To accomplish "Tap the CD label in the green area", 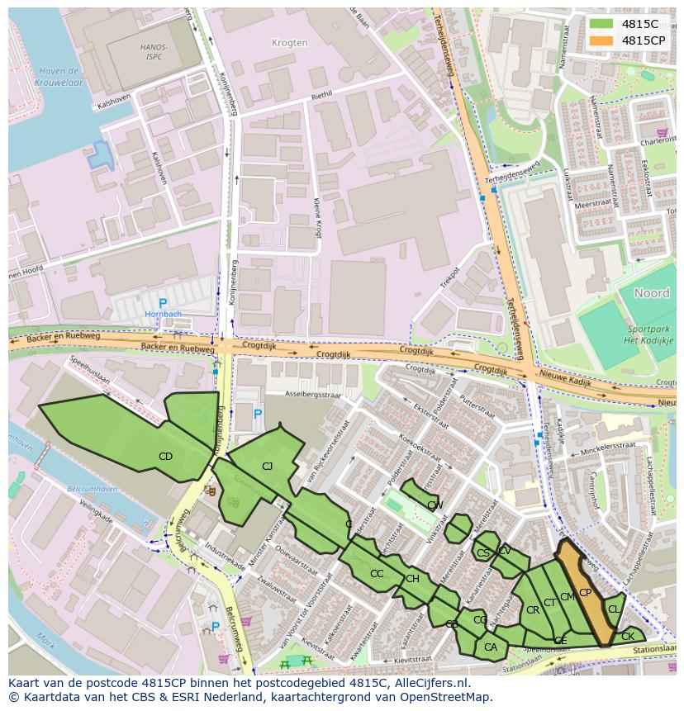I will tap(165, 457).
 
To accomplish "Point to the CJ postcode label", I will tap(267, 467).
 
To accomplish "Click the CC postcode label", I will tap(377, 574).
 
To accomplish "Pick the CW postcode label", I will tap(435, 505).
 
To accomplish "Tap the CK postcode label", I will tap(628, 637).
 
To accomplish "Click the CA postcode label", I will tap(491, 647).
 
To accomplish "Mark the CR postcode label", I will tap(533, 610).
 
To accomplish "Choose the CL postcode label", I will tap(613, 609).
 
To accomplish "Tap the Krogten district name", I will tap(289, 43).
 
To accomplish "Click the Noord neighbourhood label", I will tap(651, 293).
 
